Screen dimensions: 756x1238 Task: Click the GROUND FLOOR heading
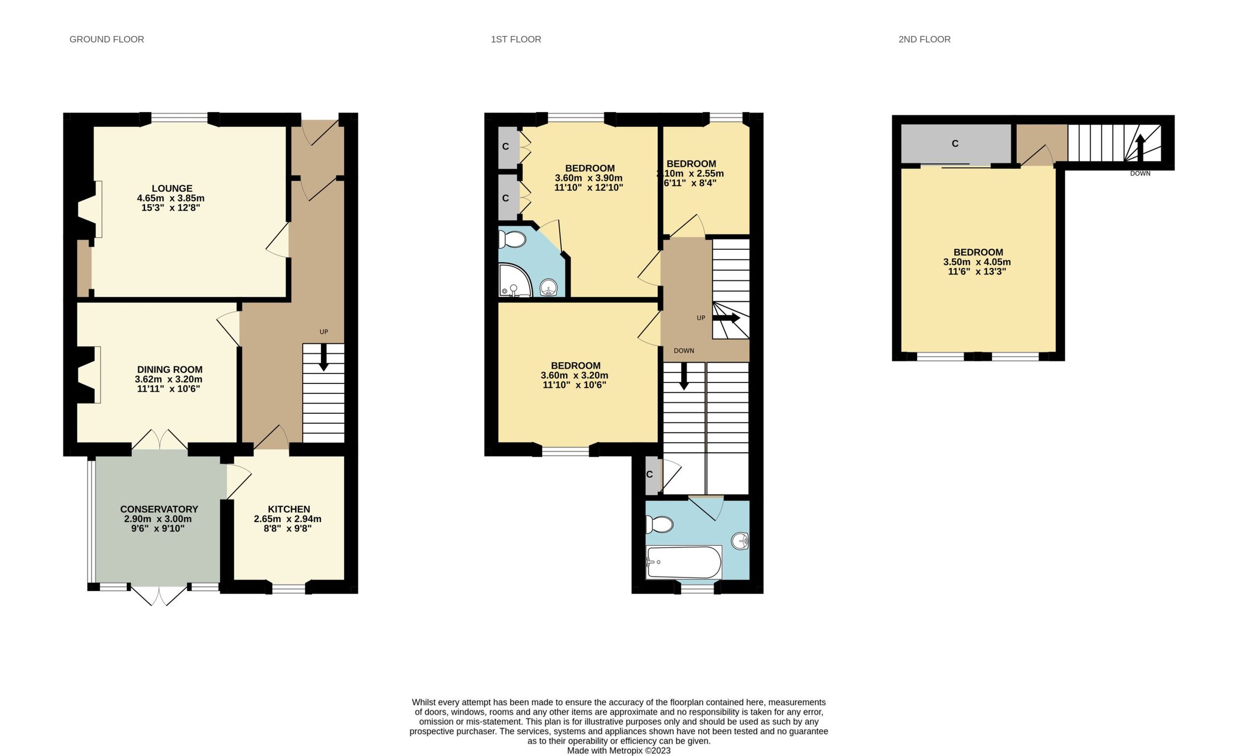[106, 39]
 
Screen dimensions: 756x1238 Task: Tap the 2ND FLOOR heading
[924, 39]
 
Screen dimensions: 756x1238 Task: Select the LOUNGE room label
[172, 189]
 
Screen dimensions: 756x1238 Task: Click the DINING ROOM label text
[169, 369]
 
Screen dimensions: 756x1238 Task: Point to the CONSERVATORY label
[159, 509]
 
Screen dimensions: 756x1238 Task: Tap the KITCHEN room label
[288, 509]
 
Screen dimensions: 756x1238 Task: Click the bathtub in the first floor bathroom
[683, 562]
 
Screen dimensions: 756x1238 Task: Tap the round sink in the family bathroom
[740, 541]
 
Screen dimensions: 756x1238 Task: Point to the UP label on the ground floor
[323, 332]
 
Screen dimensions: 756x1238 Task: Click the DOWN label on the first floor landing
[683, 351]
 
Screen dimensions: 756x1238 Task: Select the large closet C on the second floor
[955, 143]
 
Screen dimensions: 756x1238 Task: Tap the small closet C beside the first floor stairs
[650, 474]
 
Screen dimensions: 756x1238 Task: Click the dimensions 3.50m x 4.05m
[977, 262]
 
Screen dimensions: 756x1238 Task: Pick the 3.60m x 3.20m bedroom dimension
[574, 376]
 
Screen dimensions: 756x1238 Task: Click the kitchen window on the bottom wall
[288, 588]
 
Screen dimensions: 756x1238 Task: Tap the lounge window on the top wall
[179, 118]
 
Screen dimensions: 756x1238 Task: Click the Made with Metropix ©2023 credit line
[618, 751]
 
